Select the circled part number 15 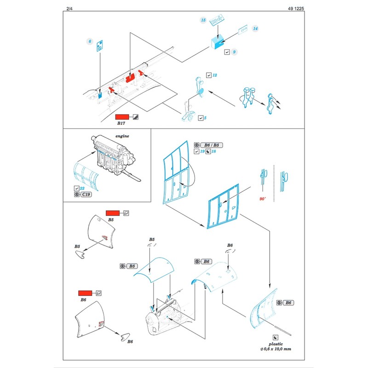[x=203, y=21]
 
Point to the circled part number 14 [x=255, y=29]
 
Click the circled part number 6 [x=90, y=41]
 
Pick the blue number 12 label [x=214, y=75]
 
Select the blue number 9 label [x=234, y=52]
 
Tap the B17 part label [x=121, y=124]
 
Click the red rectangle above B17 [x=123, y=117]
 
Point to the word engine [x=122, y=136]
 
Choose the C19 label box [x=85, y=195]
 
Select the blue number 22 [x=83, y=188]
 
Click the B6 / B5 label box [x=213, y=145]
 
